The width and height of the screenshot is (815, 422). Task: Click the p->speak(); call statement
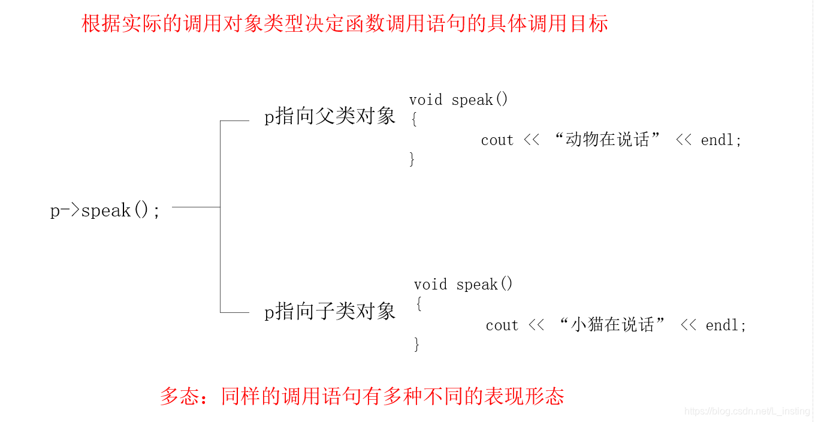pyautogui.click(x=105, y=210)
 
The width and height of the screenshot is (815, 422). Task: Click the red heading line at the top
pyautogui.click(x=345, y=23)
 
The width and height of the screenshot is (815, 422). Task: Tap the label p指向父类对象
pyautogui.click(x=330, y=116)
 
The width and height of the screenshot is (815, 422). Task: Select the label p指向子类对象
pyautogui.click(x=330, y=312)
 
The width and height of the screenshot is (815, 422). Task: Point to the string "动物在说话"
pyautogui.click(x=607, y=140)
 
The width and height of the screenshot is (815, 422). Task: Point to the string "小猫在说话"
pyautogui.click(x=612, y=325)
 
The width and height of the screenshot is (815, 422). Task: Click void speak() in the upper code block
pyautogui.click(x=458, y=100)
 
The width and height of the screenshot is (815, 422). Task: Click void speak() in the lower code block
pyautogui.click(x=463, y=284)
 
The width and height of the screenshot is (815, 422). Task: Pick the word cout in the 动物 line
pyautogui.click(x=497, y=140)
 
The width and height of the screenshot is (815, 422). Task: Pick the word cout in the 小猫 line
pyautogui.click(x=502, y=325)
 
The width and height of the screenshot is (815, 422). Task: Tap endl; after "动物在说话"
pyautogui.click(x=722, y=140)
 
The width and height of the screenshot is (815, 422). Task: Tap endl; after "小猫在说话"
pyautogui.click(x=726, y=325)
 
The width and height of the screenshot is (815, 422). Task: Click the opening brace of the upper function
pyautogui.click(x=413, y=119)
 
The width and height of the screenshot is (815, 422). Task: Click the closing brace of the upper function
pyautogui.click(x=412, y=159)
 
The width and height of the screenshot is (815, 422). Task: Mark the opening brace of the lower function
pyautogui.click(x=418, y=305)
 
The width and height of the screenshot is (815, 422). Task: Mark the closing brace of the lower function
pyautogui.click(x=417, y=344)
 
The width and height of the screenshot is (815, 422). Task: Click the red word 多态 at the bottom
pyautogui.click(x=180, y=396)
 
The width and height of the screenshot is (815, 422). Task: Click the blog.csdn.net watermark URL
pyautogui.click(x=747, y=411)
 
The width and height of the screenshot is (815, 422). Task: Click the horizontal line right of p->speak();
pyautogui.click(x=196, y=207)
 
